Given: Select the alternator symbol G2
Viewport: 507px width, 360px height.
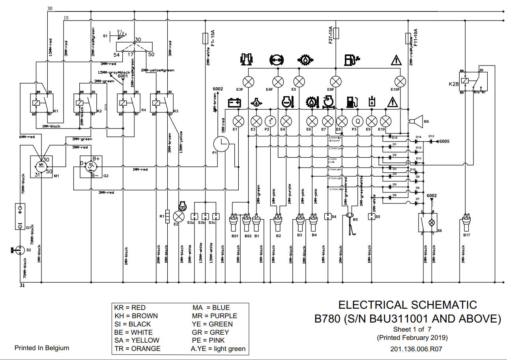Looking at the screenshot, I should pos(91,167).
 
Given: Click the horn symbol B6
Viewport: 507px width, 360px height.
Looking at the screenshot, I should pos(415,122).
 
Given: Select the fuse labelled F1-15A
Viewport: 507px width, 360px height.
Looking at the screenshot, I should pos(205,38).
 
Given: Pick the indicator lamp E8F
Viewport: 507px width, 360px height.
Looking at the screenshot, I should pos(335,82).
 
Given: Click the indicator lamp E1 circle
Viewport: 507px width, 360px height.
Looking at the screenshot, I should pos(238,121).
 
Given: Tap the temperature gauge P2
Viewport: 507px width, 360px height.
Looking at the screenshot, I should pos(270,121).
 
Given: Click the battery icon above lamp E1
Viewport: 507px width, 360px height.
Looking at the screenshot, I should pos(235,103).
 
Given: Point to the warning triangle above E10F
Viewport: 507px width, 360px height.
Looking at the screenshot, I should pos(396,60).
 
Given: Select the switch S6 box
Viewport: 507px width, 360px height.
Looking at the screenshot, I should pos(428,223).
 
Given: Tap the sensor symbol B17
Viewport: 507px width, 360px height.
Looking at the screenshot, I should pos(467,223).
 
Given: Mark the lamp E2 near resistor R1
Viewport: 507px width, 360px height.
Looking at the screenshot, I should pos(180,216).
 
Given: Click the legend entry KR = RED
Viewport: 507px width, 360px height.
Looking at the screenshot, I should pos(130,308).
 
